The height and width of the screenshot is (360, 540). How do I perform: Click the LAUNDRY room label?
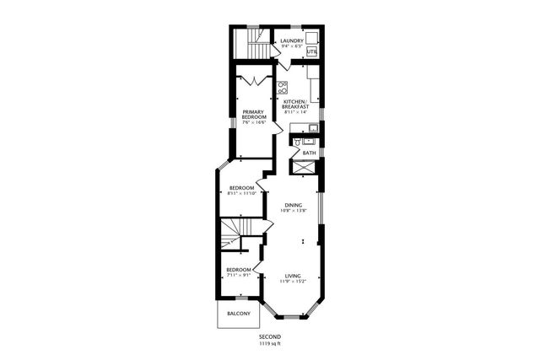292,40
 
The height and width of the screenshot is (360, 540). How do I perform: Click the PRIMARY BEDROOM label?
254,114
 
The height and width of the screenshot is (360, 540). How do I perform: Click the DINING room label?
293,205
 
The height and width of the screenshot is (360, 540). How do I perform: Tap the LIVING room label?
293,276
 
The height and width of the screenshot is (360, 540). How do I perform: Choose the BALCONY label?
238,314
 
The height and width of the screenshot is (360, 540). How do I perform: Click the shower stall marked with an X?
302,168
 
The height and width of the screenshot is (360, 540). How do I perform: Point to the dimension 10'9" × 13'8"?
293,211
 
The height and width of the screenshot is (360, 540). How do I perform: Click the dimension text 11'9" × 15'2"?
293,282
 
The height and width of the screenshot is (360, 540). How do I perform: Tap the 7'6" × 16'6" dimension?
254,123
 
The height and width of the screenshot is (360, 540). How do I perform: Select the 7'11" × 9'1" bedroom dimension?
238,274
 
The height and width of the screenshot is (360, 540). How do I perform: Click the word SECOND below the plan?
269,336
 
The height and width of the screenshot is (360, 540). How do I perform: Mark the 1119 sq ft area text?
269,343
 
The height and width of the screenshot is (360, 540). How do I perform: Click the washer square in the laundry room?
311,38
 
